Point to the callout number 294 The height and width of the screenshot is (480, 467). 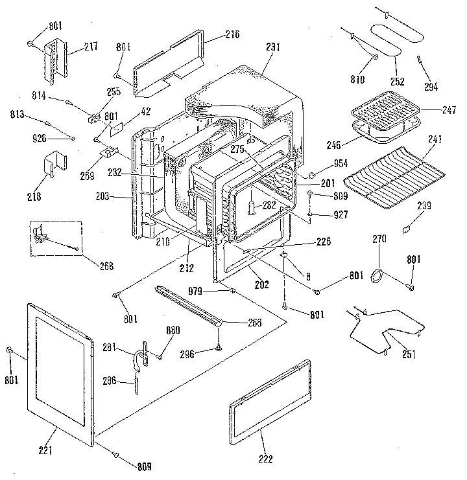[431, 86]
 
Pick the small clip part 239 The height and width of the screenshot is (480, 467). [407, 227]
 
